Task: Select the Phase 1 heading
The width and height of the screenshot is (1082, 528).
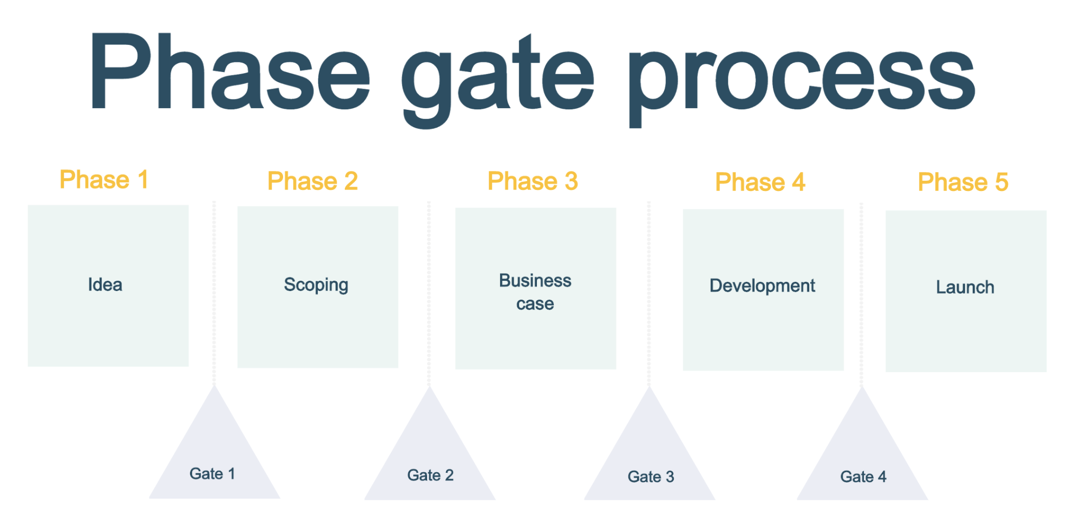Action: pyautogui.click(x=104, y=180)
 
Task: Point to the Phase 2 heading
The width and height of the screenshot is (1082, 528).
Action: pyautogui.click(x=313, y=181)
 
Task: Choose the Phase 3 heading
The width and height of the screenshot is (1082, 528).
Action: pyautogui.click(x=533, y=181)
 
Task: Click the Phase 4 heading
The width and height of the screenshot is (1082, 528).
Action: pyautogui.click(x=760, y=182)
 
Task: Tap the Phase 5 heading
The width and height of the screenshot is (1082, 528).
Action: pyautogui.click(x=963, y=182)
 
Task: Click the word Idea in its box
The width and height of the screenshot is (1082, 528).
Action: pyautogui.click(x=105, y=285)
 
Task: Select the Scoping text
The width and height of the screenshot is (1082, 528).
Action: pyautogui.click(x=316, y=285)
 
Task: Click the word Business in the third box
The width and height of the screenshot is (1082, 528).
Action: pyautogui.click(x=535, y=281)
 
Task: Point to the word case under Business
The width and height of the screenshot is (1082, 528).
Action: pyautogui.click(x=535, y=304)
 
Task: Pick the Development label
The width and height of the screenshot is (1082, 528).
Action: pyautogui.click(x=762, y=286)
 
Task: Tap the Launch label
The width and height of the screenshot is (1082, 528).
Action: pyautogui.click(x=965, y=287)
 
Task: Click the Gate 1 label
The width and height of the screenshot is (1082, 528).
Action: pyautogui.click(x=212, y=474)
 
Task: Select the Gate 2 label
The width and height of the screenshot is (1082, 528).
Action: pyautogui.click(x=430, y=476)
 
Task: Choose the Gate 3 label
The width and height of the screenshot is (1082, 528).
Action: pyautogui.click(x=651, y=477)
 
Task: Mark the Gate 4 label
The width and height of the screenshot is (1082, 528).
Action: pyautogui.click(x=863, y=477)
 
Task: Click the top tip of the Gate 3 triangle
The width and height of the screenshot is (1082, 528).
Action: pyautogui.click(x=649, y=389)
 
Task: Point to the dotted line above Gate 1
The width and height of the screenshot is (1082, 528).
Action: pyautogui.click(x=214, y=292)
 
